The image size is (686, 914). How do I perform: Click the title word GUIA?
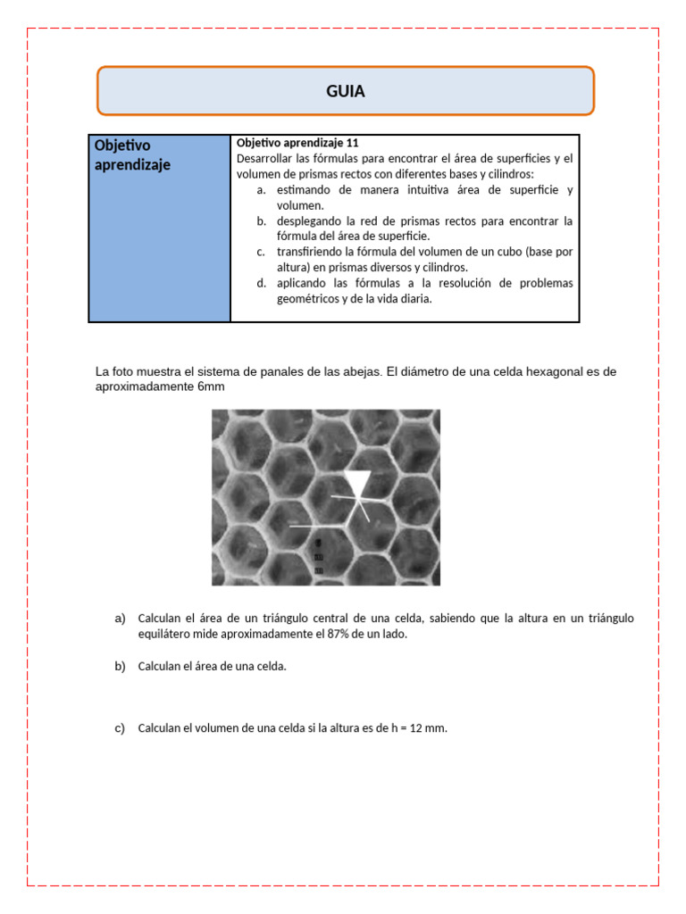[x=345, y=91]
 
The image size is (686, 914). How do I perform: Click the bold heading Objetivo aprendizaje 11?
[x=297, y=143]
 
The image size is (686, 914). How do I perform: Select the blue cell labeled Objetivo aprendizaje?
[x=159, y=228]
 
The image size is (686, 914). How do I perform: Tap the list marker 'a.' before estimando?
[x=261, y=190]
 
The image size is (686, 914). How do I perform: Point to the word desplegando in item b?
[x=308, y=220]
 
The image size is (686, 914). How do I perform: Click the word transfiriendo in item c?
[x=310, y=251]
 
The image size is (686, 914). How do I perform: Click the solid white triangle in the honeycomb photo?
[x=358, y=486]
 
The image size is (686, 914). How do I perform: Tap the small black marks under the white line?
[x=319, y=555]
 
